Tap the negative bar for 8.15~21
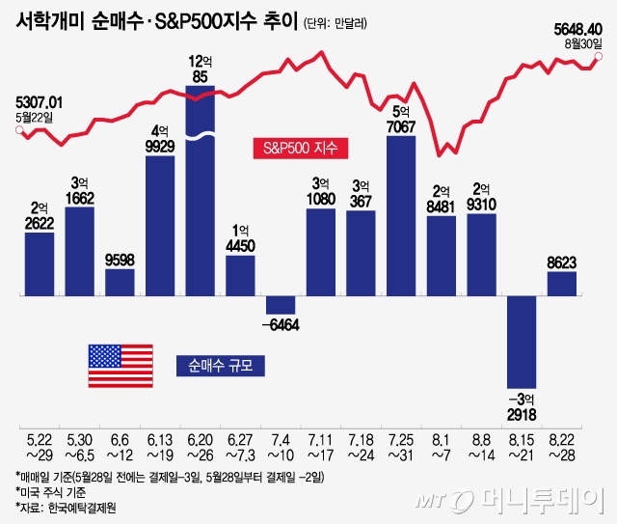click(521, 338)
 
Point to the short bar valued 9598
click(120, 282)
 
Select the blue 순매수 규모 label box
click(220, 365)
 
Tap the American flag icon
click(121, 365)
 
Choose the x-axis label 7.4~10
click(280, 447)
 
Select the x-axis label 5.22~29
click(40, 447)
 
